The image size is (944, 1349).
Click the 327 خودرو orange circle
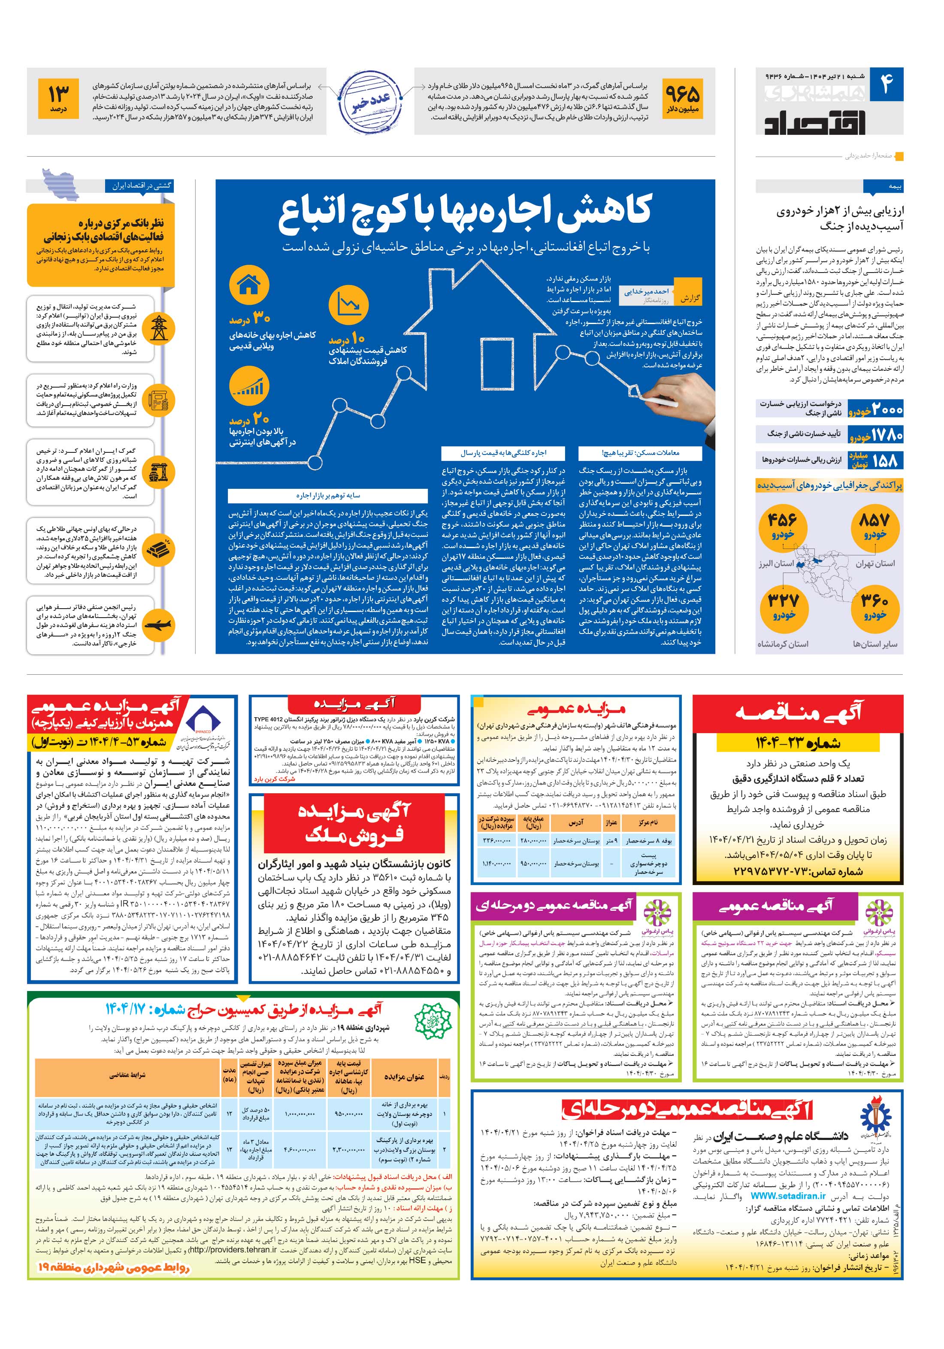pos(784,606)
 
